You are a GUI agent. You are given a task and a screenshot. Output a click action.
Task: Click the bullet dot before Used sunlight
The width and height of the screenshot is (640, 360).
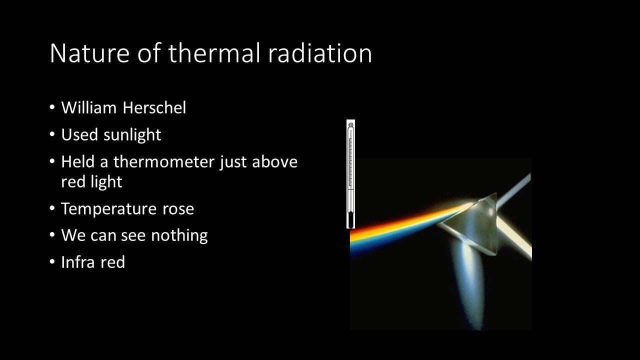click(x=53, y=135)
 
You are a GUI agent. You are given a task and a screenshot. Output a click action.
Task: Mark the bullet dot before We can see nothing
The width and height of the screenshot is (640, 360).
click(x=53, y=235)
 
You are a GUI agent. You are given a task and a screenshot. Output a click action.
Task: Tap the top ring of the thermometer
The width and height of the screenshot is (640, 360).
click(x=351, y=124)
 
